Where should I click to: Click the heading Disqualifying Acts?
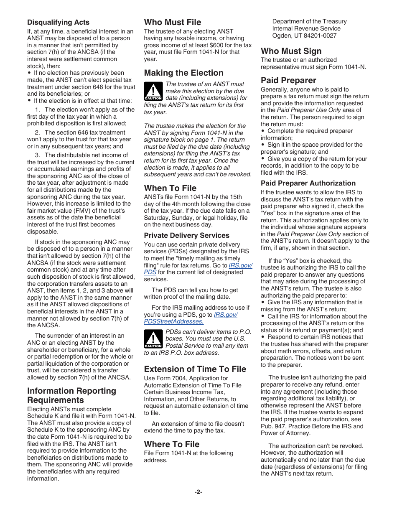[58, 22]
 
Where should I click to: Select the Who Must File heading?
[173, 22]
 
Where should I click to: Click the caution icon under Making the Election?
[153, 92]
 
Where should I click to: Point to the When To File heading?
[170, 188]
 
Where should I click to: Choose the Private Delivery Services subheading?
[186, 235]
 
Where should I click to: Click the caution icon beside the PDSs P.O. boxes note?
[153, 339]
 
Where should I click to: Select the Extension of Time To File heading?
[195, 369]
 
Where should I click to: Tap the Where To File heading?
[172, 444]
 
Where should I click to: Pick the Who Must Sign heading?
[291, 51]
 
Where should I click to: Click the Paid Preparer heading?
[288, 80]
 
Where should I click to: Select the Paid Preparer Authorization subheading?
[308, 183]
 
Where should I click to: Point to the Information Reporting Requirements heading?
[71, 395]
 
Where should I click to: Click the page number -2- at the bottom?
[198, 492]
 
